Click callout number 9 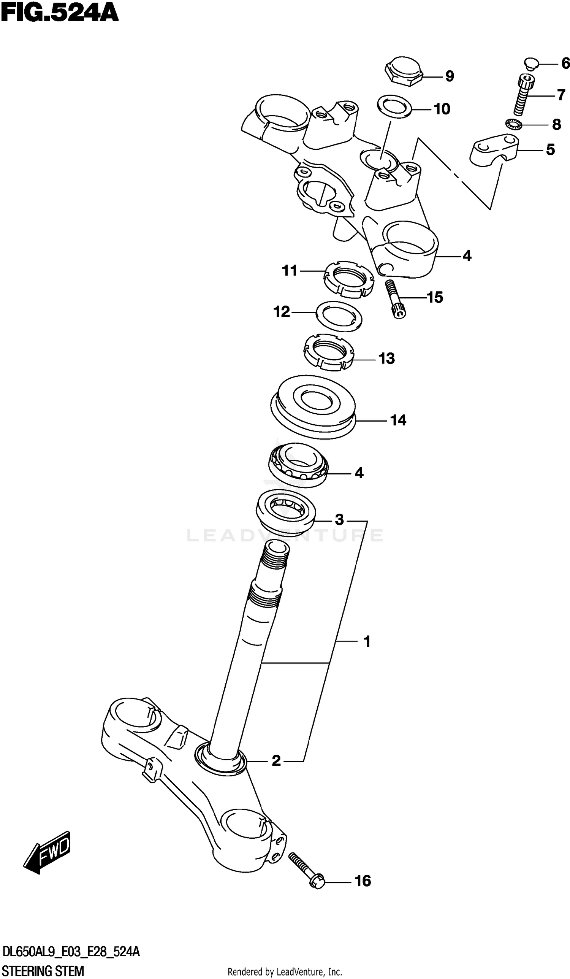449,76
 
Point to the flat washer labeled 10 394,105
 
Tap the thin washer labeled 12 339,316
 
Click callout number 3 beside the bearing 339,519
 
